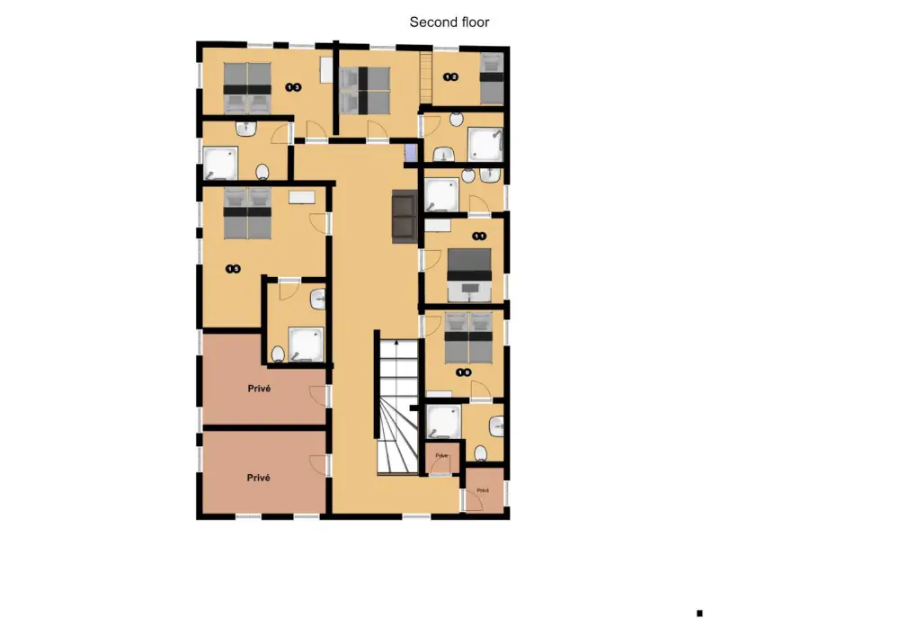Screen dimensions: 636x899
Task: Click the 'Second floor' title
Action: (x=449, y=22)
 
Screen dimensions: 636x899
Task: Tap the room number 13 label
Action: (x=293, y=87)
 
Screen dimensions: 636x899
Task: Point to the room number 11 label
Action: (x=480, y=237)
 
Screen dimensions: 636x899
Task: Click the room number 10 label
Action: (x=464, y=372)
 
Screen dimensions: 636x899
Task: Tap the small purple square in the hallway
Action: (x=412, y=152)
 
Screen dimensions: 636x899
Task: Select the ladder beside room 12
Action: (x=426, y=68)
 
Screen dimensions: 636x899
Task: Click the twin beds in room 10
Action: (x=469, y=336)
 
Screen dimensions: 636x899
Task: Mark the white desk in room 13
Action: (x=326, y=71)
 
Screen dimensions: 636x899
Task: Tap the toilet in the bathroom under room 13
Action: (x=263, y=171)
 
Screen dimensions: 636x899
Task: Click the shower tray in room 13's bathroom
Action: (x=219, y=164)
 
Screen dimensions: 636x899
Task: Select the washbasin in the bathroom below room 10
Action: (x=497, y=424)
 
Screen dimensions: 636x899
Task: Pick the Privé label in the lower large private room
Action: (x=259, y=478)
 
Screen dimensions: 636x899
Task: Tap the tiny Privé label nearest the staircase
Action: (x=441, y=456)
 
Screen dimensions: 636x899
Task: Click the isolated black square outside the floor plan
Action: (x=699, y=614)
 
